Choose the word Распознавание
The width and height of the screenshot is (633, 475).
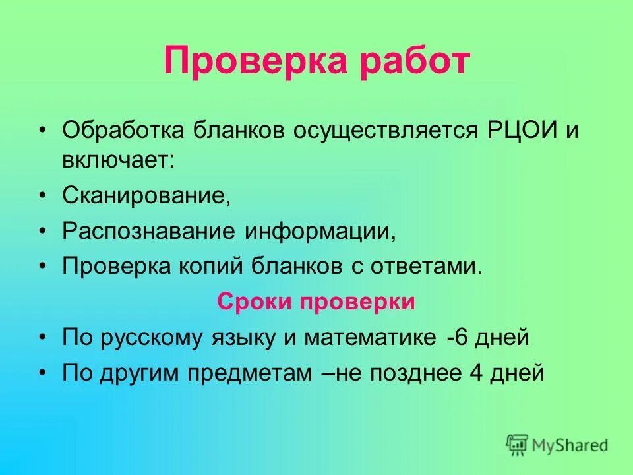pos(150,232)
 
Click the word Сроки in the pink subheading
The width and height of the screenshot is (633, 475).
pos(256,302)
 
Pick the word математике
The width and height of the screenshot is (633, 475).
pos(370,338)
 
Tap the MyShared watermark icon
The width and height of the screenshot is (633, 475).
pos(518,445)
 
